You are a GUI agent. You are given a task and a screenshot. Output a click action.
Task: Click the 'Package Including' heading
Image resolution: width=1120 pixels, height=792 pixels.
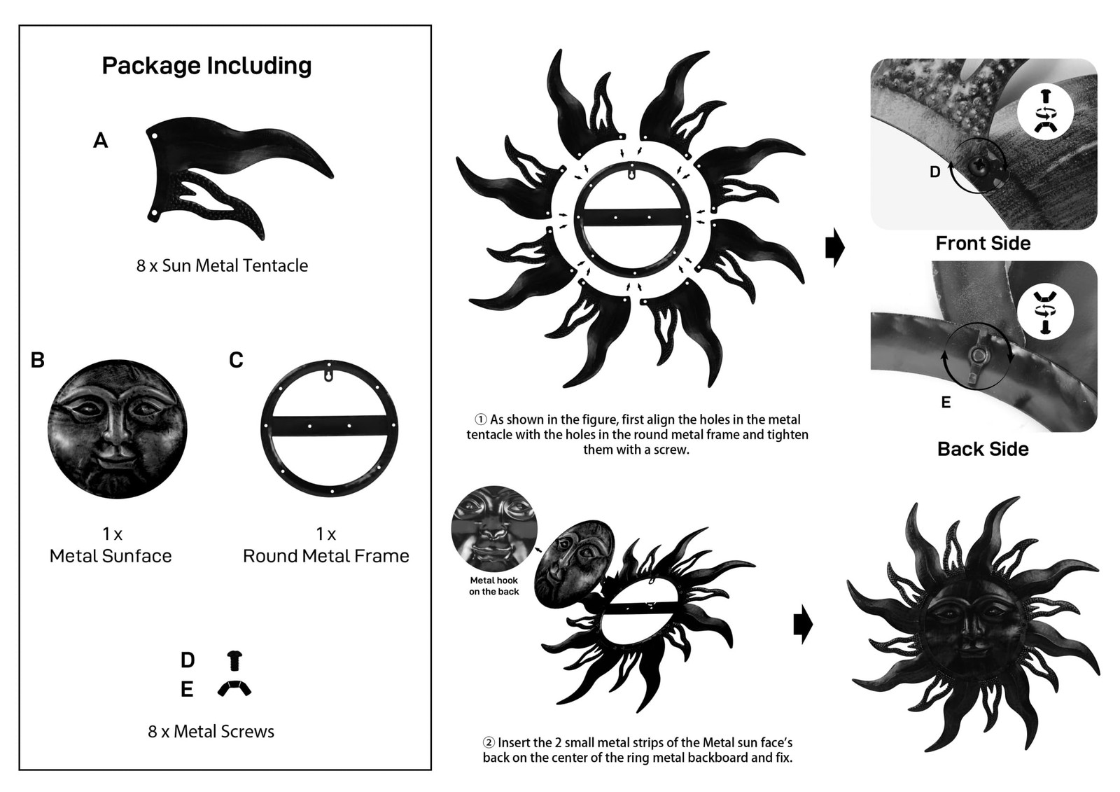(x=206, y=66)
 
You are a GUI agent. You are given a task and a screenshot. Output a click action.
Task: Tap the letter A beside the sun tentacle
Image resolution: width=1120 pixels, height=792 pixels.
(x=101, y=141)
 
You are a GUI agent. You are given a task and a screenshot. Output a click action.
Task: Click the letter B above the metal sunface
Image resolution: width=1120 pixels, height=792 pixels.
(x=38, y=360)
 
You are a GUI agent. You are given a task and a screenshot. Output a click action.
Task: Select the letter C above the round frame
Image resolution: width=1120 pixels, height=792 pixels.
(x=236, y=360)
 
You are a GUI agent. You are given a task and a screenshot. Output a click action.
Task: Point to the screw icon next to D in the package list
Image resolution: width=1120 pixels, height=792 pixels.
(x=234, y=660)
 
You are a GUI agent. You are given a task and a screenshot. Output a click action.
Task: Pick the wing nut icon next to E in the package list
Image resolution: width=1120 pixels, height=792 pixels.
(x=234, y=688)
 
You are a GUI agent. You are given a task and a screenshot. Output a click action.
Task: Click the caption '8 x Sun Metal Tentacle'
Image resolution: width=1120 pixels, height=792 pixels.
(x=222, y=265)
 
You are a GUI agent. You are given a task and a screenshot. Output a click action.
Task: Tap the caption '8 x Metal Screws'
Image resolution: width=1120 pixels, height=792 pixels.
(x=211, y=732)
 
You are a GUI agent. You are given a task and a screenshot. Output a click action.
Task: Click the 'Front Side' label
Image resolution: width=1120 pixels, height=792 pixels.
(x=983, y=243)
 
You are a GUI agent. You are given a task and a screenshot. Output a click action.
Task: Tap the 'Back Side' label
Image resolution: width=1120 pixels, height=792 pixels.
(x=983, y=449)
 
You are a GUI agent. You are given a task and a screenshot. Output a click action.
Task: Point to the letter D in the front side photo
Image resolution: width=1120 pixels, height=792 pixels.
(x=935, y=172)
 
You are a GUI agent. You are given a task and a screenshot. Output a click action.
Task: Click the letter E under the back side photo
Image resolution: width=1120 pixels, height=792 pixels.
(x=946, y=402)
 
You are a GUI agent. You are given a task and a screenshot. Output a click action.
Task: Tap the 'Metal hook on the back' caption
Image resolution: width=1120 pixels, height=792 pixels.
(x=494, y=586)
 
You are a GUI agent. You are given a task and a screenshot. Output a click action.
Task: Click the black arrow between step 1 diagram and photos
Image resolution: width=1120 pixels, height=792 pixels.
(x=835, y=247)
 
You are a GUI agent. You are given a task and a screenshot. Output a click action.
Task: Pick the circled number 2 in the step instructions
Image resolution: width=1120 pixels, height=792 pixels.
(x=489, y=742)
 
